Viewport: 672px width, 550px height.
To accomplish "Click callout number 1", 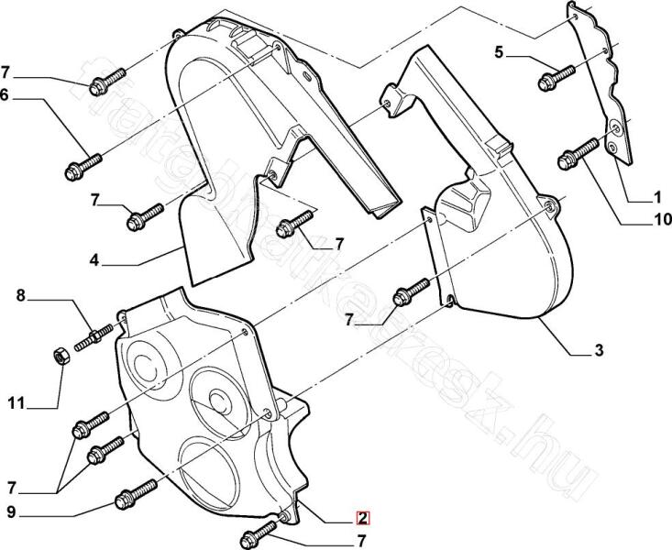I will [x=657, y=196].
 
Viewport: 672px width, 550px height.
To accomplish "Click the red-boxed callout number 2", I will [x=363, y=517].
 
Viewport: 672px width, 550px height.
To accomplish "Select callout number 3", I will [x=598, y=351].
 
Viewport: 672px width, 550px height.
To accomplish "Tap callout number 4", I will [x=94, y=261].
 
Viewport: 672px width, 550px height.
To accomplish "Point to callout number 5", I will [x=500, y=52].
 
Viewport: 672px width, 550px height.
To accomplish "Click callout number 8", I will [x=21, y=295].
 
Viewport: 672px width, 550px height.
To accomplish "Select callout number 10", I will [x=662, y=220].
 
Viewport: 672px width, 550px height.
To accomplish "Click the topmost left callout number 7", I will [x=6, y=71].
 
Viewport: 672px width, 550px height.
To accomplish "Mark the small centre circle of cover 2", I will [x=218, y=397].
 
